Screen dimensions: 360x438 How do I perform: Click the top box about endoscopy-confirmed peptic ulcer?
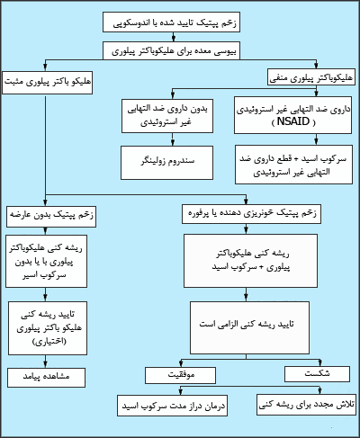pyautogui.click(x=171, y=22)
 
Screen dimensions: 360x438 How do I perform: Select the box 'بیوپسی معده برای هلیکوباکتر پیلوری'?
pyautogui.click(x=171, y=50)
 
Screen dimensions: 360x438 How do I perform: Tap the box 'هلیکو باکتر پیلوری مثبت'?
pyautogui.click(x=47, y=83)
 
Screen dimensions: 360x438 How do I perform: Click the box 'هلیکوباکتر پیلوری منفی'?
pyautogui.click(x=311, y=76)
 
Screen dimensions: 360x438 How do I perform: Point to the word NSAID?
pyautogui.click(x=293, y=121)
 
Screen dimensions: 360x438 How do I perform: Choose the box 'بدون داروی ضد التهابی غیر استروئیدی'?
pyautogui.click(x=167, y=116)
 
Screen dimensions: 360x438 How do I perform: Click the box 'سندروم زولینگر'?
pyautogui.click(x=166, y=163)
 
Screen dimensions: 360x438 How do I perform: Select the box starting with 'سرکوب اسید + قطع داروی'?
pyautogui.click(x=293, y=165)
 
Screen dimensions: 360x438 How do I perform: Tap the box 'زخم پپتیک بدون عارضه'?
pyautogui.click(x=51, y=216)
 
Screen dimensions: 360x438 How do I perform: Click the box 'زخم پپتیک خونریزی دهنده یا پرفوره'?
pyautogui.click(x=251, y=214)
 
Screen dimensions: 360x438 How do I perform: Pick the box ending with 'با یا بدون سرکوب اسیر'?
pyautogui.click(x=46, y=261)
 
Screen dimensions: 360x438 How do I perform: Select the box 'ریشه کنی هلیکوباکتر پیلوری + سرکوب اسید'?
pyautogui.click(x=250, y=261)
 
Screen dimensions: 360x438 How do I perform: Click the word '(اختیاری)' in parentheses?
pyautogui.click(x=49, y=342)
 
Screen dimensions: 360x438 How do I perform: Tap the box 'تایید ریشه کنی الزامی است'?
pyautogui.click(x=249, y=327)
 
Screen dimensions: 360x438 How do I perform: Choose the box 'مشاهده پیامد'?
pyautogui.click(x=46, y=378)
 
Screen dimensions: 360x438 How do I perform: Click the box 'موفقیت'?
pyautogui.click(x=180, y=375)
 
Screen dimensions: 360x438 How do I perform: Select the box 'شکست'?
pyautogui.click(x=317, y=374)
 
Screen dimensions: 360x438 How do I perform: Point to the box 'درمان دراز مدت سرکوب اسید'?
pyautogui.click(x=172, y=406)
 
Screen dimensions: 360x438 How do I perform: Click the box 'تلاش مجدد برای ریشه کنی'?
pyautogui.click(x=306, y=405)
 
